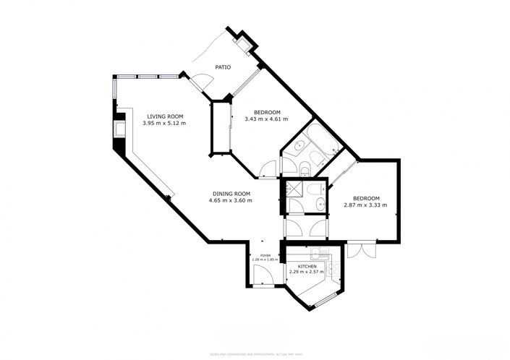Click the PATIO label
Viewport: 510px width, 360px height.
coord(223,67)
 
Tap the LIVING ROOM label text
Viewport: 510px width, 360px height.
coord(165,116)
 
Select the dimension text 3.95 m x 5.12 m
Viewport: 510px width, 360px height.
coord(165,124)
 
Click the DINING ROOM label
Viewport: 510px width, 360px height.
coord(231,193)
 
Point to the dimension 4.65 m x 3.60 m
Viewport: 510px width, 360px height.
coord(231,200)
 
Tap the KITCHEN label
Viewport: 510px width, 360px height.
coord(307,266)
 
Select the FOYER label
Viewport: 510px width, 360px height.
coord(265,255)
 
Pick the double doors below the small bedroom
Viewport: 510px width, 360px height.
coord(360,250)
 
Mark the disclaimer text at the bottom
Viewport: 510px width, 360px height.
coord(256,354)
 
